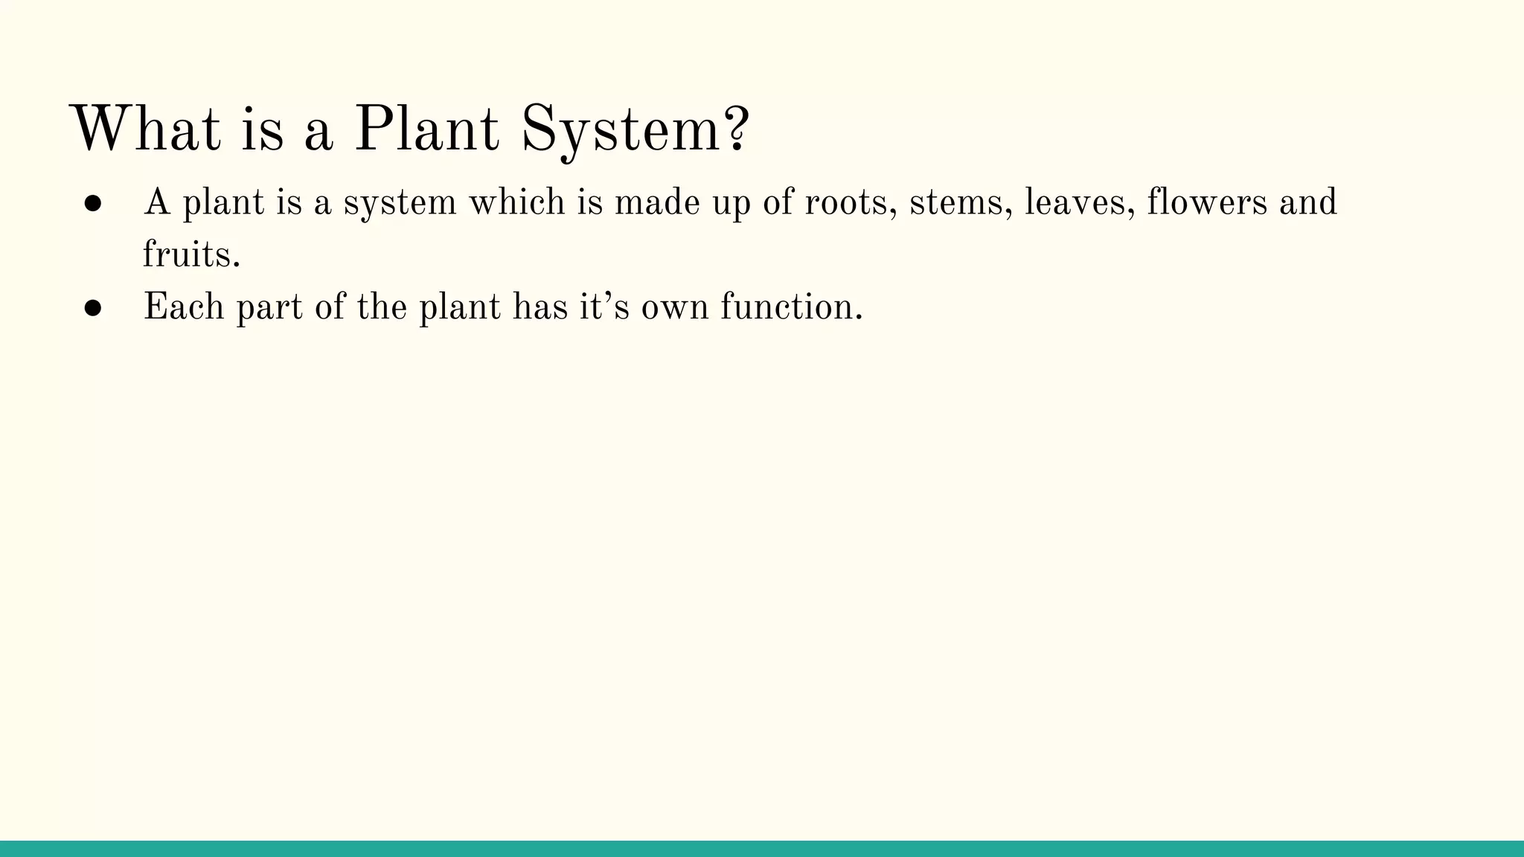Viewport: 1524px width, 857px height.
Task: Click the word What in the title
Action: click(x=146, y=129)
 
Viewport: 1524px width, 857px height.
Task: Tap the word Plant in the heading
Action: click(x=426, y=129)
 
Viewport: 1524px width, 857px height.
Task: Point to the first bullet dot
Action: click(x=93, y=204)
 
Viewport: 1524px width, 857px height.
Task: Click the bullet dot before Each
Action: click(x=93, y=308)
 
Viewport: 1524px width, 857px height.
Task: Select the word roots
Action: click(x=851, y=202)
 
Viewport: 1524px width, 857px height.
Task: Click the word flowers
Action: click(x=1206, y=202)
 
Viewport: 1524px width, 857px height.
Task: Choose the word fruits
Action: click(x=191, y=254)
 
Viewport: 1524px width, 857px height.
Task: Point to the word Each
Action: click(x=183, y=306)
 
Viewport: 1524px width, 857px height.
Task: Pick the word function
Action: click(x=791, y=306)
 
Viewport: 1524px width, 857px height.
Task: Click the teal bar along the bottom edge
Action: click(x=762, y=849)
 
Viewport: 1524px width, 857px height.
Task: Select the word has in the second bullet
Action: click(x=540, y=306)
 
